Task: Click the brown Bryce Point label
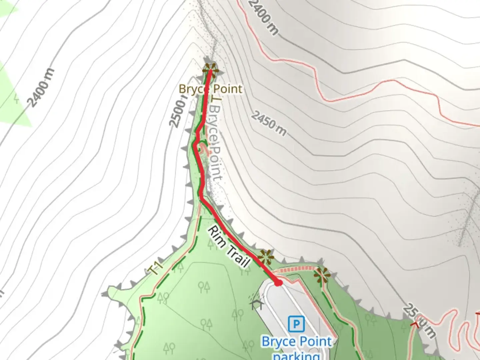tap(210, 89)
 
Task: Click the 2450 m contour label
tap(269, 124)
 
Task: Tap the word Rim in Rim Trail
tap(216, 236)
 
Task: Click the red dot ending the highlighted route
tap(278, 283)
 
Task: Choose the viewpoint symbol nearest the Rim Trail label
tap(266, 257)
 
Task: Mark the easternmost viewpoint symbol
tap(322, 275)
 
